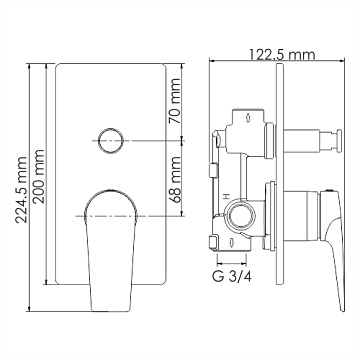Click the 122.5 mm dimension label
[x=282, y=55]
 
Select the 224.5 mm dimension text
[x=22, y=190]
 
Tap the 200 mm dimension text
[x=39, y=176]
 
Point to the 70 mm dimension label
[x=174, y=101]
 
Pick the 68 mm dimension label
[x=174, y=179]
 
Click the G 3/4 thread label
[x=232, y=276]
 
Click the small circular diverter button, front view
[x=110, y=140]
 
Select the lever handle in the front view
[x=111, y=250]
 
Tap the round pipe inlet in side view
[x=238, y=216]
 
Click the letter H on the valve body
[x=226, y=195]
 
